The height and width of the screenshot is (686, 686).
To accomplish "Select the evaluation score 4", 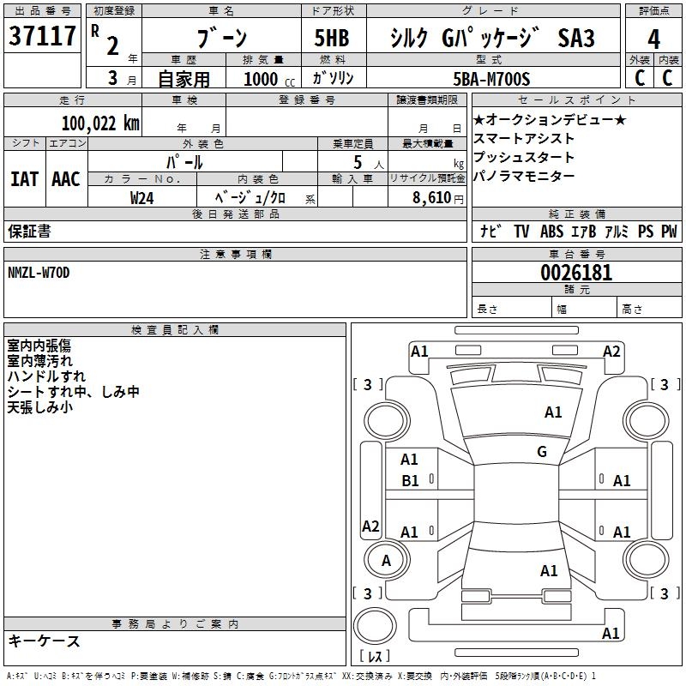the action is pos(654,39).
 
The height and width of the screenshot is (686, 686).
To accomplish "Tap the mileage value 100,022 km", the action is pos(99,123).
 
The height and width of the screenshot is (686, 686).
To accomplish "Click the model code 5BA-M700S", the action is pos(492,79).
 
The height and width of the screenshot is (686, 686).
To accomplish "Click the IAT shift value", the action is pos(24,178).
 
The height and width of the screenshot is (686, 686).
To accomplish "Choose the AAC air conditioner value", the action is pos(66,178).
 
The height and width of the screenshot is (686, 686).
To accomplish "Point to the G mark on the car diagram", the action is pos(542,452).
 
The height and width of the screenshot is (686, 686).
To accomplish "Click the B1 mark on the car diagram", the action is pos(411,481).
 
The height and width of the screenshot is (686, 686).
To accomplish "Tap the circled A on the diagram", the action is pos(386,560).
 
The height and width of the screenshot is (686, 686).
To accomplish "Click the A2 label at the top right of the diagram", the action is pos(611,351).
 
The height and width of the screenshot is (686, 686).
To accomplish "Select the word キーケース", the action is pos(44,641).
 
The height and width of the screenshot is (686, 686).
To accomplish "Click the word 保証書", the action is pos(29,231).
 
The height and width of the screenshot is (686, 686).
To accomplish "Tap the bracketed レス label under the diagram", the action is pos(375,656).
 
